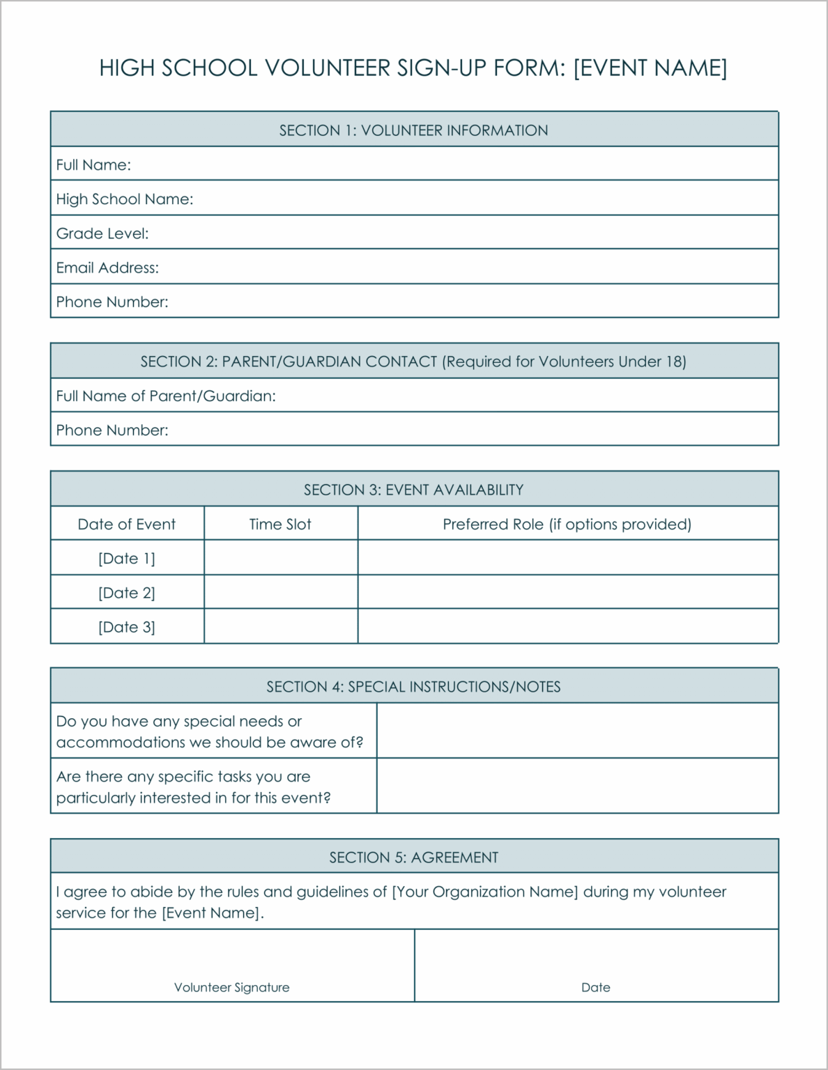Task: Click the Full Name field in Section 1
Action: [x=453, y=164]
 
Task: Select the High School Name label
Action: [x=125, y=199]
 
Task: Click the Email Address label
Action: [x=107, y=267]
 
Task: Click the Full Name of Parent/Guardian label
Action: [x=166, y=396]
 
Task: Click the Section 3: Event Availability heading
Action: [x=413, y=490]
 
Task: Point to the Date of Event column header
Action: [x=127, y=524]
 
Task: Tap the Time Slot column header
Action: [x=280, y=524]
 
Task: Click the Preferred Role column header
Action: [x=567, y=524]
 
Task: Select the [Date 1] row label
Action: [x=127, y=558]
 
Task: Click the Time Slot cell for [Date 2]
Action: [x=280, y=592]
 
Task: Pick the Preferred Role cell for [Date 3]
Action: [x=567, y=626]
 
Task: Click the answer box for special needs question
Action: [x=577, y=731]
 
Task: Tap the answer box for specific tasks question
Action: [x=577, y=786]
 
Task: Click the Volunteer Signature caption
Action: [x=231, y=987]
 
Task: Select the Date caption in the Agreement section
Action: [x=596, y=987]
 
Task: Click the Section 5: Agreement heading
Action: [x=413, y=858]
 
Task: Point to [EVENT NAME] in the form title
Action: [x=650, y=68]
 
